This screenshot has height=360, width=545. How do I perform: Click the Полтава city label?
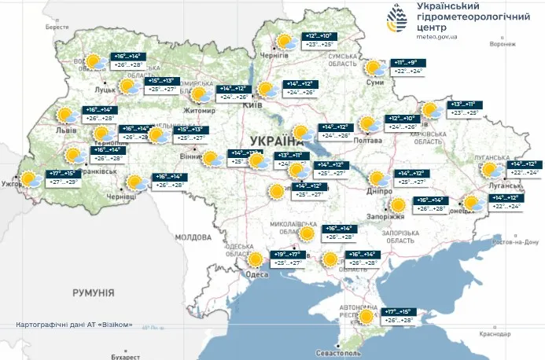368,141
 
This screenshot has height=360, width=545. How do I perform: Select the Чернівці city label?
121,196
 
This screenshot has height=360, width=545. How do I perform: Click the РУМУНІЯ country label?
93,292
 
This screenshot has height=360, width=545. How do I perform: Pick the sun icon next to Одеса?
256,259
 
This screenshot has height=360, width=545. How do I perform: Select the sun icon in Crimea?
366,317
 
